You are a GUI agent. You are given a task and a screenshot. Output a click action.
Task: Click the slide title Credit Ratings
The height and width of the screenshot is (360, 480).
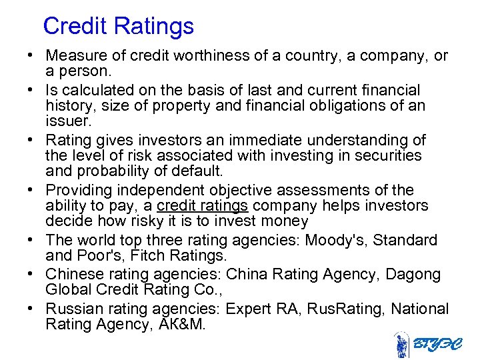click(118, 26)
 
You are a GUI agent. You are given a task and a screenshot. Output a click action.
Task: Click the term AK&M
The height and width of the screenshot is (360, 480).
click(191, 325)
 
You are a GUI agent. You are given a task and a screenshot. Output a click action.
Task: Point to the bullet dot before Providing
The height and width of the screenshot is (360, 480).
click(32, 190)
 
